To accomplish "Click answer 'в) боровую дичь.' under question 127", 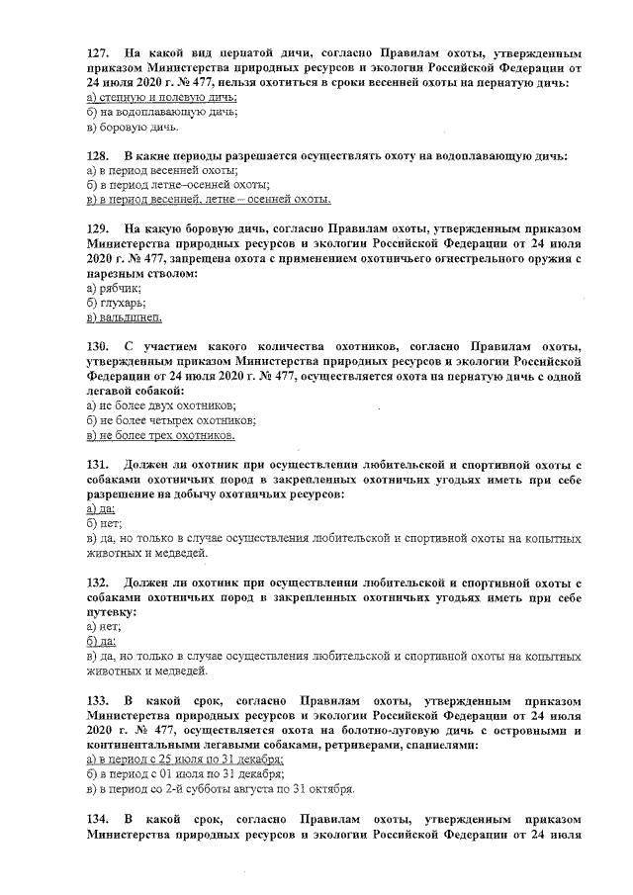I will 133,128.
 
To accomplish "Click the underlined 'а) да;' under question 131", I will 101,507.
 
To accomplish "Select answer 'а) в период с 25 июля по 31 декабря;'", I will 185,760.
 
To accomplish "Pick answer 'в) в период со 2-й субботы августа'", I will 220,789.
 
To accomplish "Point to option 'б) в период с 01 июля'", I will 183,774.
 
